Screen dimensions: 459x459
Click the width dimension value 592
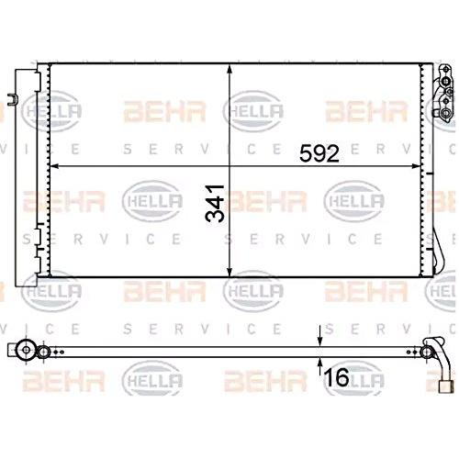(319, 153)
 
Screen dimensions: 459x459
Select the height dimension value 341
(215, 203)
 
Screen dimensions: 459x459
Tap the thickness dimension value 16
(336, 377)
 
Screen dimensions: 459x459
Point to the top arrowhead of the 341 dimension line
(229, 69)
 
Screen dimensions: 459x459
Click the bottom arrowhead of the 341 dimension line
(229, 272)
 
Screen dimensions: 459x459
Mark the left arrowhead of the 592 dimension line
(54, 166)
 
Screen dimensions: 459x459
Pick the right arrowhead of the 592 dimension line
(416, 166)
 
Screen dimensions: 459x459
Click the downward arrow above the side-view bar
(319, 336)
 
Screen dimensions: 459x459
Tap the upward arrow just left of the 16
(319, 367)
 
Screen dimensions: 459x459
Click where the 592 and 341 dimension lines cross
(229, 166)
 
